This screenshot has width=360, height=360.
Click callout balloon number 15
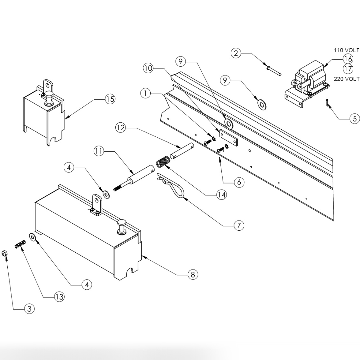pos(110,99)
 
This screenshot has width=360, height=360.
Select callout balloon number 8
pos(192,274)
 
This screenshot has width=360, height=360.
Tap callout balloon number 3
pos(29,308)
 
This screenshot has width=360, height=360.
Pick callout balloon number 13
pos(59,297)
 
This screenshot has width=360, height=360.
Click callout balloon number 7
pos(239,225)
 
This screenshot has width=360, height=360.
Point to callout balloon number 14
pos(221,194)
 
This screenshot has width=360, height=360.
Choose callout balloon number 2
pos(236,53)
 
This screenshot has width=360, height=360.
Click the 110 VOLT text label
pos(346,50)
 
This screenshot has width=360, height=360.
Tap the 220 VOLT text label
pos(346,79)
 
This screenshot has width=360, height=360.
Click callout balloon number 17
pos(348,68)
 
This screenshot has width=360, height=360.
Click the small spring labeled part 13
pos(20,245)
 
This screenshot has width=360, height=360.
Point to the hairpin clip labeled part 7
pos(172,190)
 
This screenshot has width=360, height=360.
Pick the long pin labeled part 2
pos(273,70)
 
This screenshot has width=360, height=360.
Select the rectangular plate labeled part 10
pos(228,138)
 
